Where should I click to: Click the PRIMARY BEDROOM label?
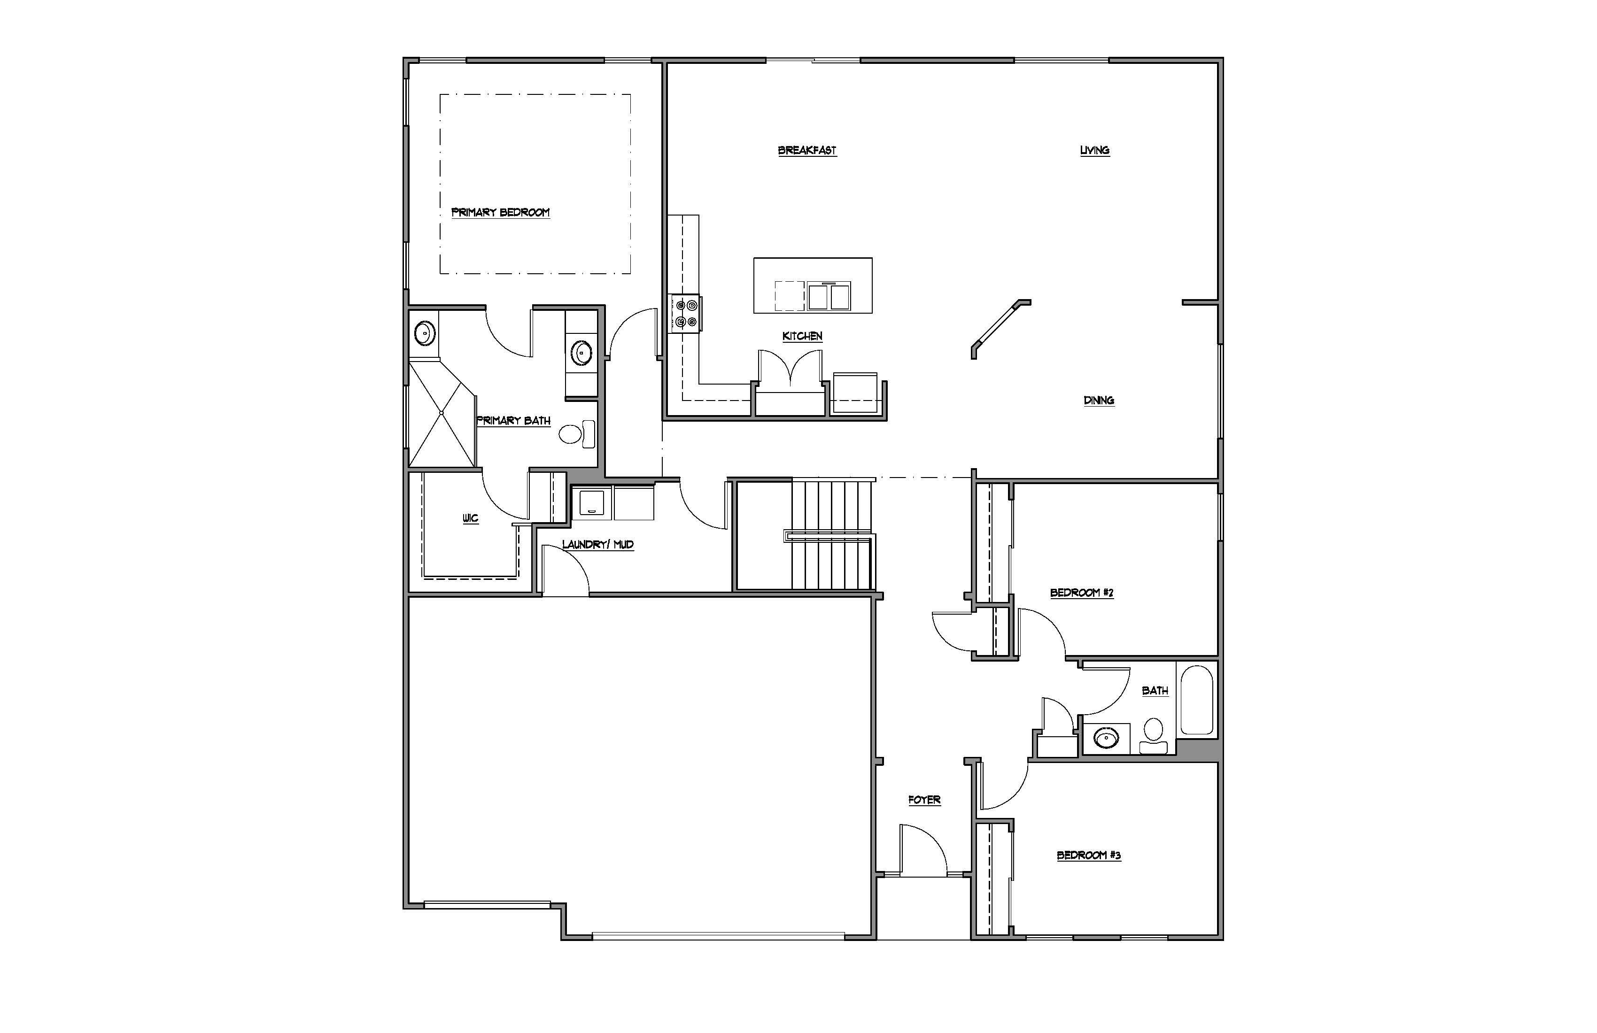501,213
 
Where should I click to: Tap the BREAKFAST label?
807,150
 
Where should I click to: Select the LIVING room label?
1094,150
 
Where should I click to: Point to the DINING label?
1099,401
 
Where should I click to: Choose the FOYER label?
924,800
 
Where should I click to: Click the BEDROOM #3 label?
1088,855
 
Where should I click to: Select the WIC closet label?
470,518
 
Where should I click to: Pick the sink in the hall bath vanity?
1106,739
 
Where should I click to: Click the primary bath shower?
442,414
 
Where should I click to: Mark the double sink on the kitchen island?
830,296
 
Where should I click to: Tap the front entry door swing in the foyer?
923,850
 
